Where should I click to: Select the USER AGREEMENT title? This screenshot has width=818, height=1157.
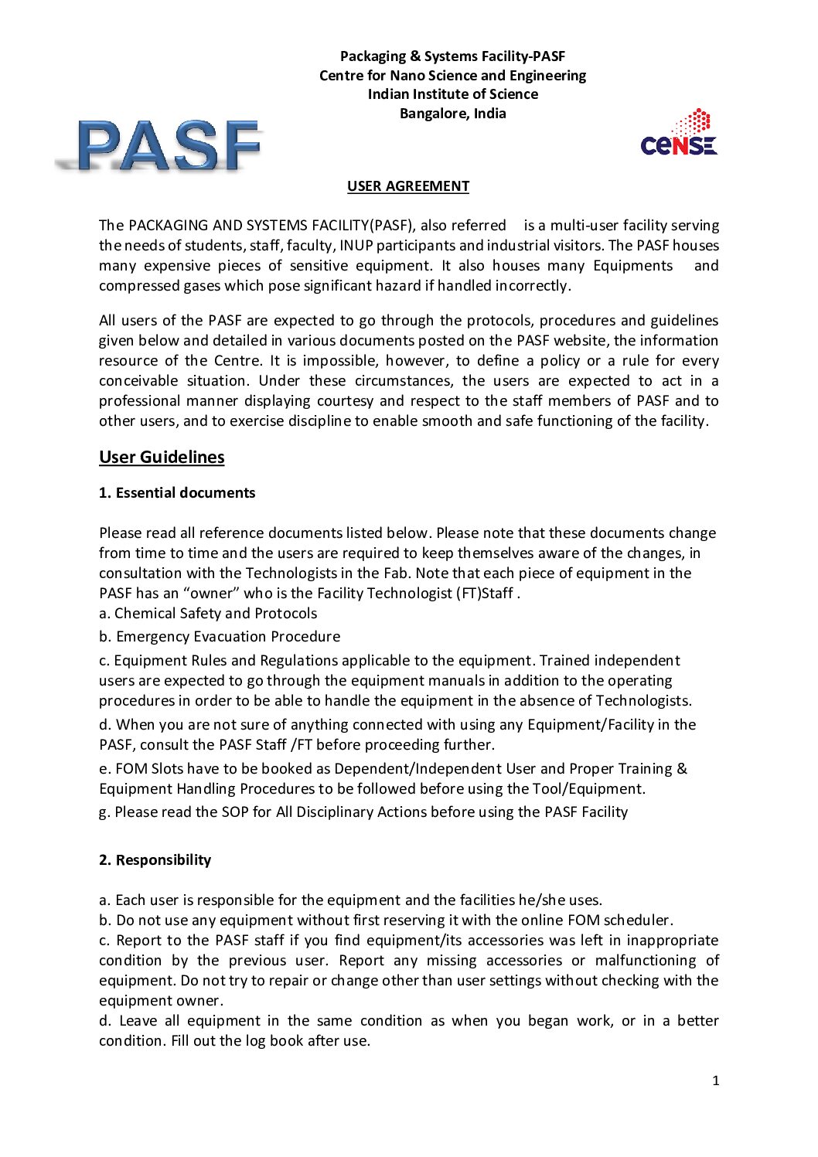point(407,186)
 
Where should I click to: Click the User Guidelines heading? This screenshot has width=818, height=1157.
point(162,457)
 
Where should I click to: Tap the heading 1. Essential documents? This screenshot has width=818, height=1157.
point(177,493)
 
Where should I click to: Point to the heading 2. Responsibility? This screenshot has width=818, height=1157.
point(155,860)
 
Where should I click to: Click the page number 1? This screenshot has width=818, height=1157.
point(715,1080)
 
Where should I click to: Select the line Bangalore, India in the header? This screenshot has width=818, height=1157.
point(452,114)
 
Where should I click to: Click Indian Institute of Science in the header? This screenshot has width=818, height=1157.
point(452,94)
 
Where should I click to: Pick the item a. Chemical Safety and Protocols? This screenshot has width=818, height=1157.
point(208,614)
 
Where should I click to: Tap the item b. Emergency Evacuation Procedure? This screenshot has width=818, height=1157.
point(220,637)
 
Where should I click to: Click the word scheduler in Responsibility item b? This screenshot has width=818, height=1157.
point(637,920)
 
